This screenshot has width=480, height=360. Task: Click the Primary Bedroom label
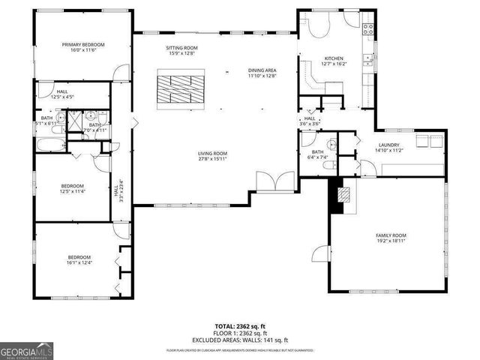click(82, 45)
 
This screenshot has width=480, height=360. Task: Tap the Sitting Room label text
click(181, 48)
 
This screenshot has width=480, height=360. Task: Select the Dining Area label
click(262, 70)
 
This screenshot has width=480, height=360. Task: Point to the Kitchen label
click(333, 58)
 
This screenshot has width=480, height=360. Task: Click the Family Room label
click(391, 235)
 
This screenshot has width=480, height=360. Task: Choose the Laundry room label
click(388, 145)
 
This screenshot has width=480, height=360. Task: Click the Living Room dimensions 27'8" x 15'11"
click(213, 159)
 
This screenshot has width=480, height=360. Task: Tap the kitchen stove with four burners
click(368, 29)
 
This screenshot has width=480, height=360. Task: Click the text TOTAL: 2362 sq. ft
click(240, 327)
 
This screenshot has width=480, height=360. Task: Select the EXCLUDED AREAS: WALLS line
click(240, 339)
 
